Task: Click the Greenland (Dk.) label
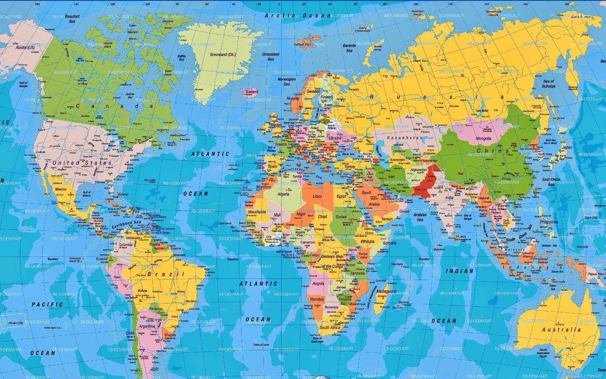pyautogui.click(x=223, y=55)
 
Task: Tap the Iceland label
pyautogui.click(x=252, y=92)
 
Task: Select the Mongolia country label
pyautogui.click(x=483, y=139)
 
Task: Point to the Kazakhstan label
pyautogui.click(x=405, y=138)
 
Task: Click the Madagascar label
pyautogui.click(x=387, y=291)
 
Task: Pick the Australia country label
pyautogui.click(x=561, y=330)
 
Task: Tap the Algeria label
pyautogui.click(x=283, y=194)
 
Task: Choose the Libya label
pyautogui.click(x=317, y=196)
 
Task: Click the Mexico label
pyautogui.click(x=61, y=189)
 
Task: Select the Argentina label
pyautogui.click(x=147, y=326)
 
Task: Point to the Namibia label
pyautogui.click(x=317, y=299)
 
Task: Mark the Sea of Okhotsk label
pyautogui.click(x=548, y=84)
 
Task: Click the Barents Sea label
pyautogui.click(x=349, y=48)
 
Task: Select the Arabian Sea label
pyautogui.click(x=420, y=217)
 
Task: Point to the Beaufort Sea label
pyautogui.click(x=72, y=19)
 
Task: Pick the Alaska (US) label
pyautogui.click(x=25, y=48)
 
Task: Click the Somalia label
pyautogui.click(x=389, y=243)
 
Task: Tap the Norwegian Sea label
pyautogui.click(x=287, y=81)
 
